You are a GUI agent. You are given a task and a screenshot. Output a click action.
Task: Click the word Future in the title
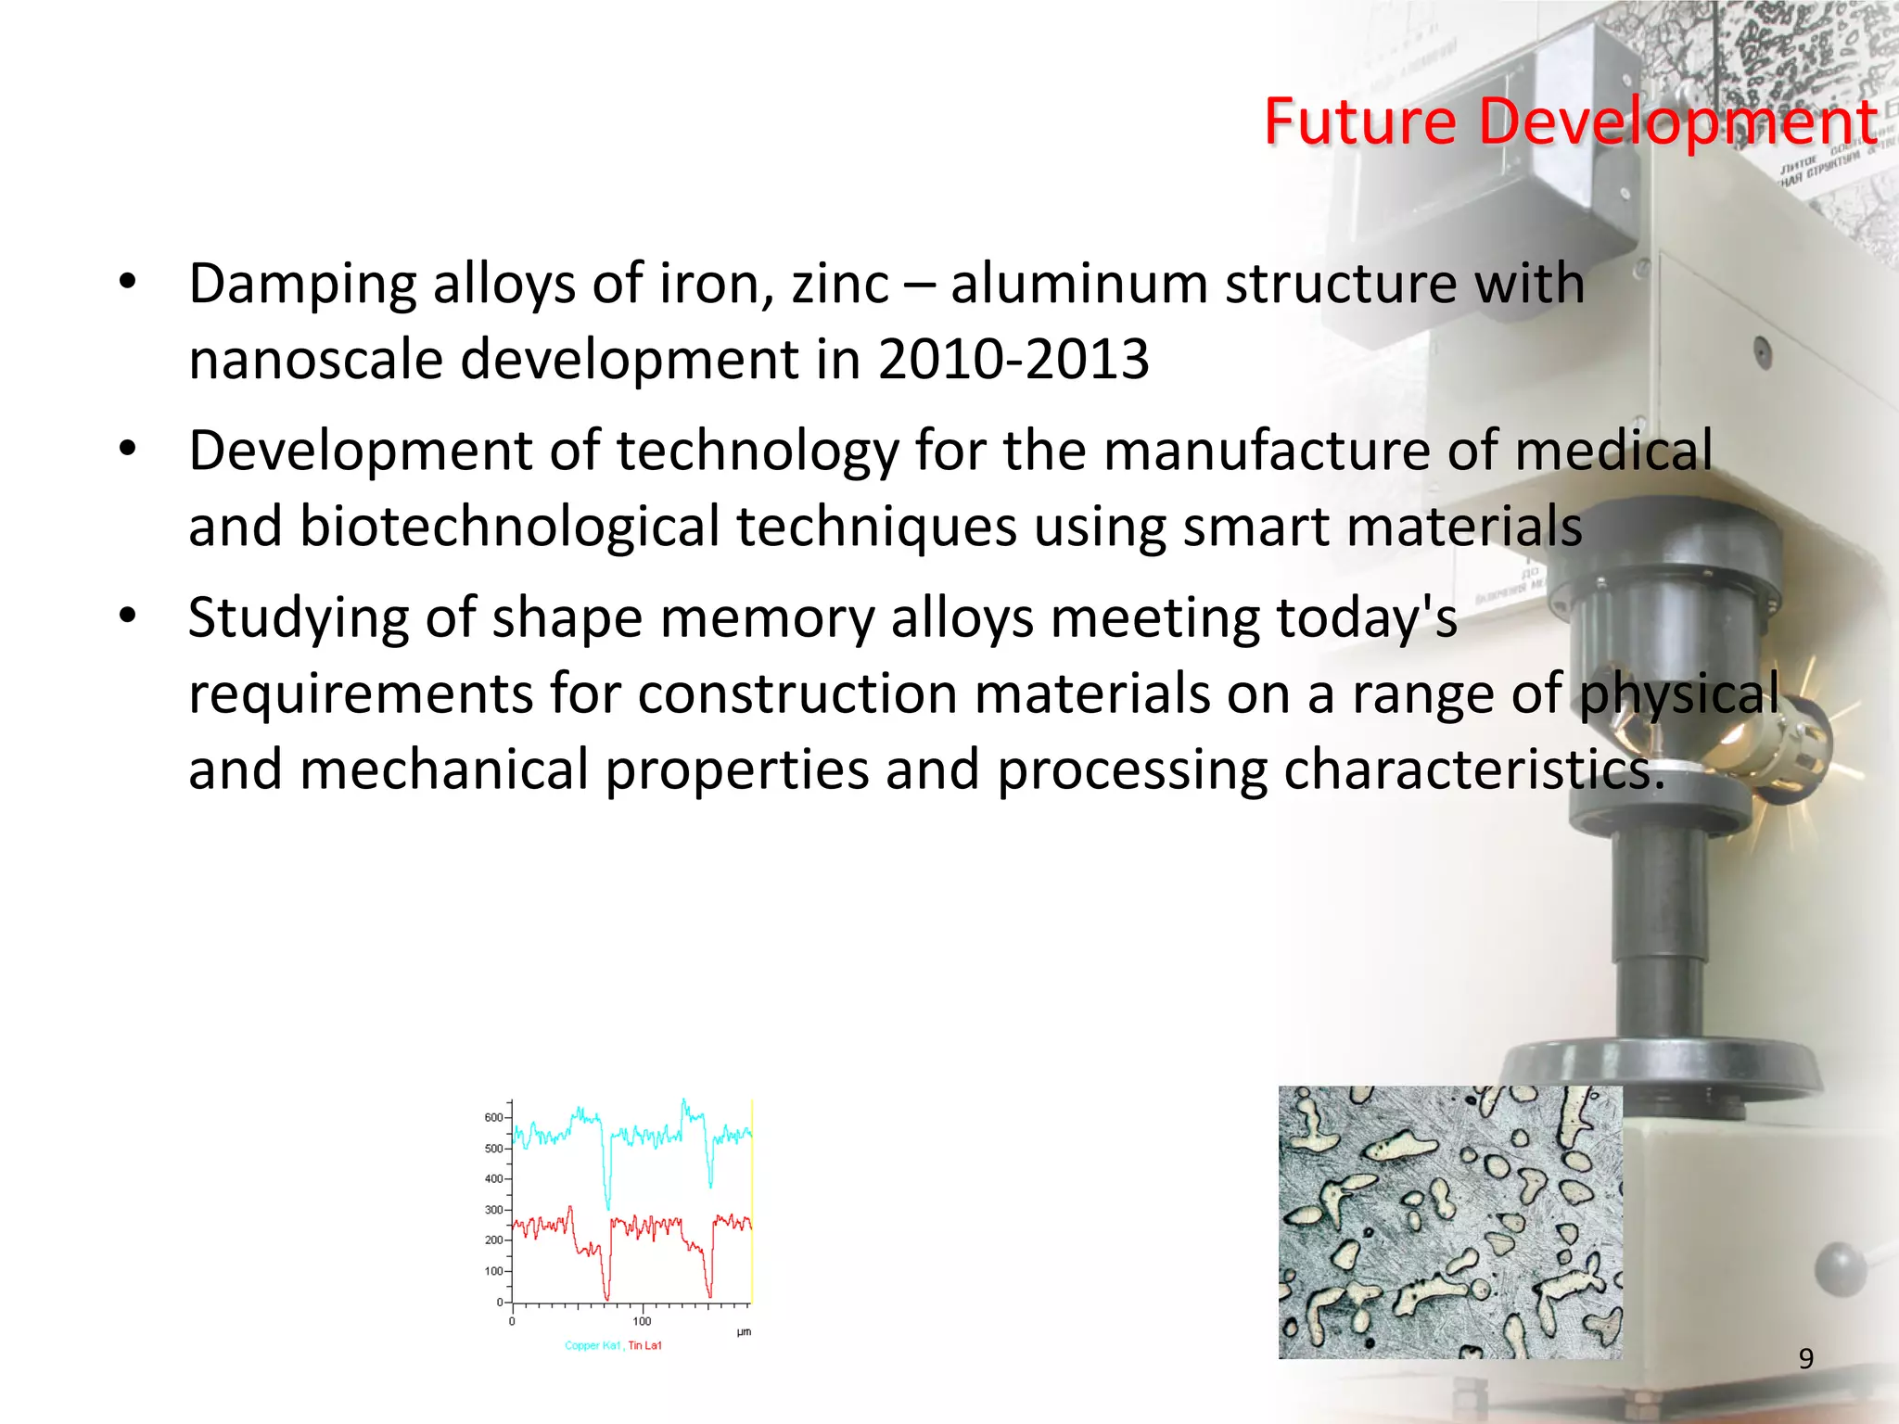tap(1360, 121)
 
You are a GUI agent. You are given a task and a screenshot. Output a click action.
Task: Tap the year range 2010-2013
tap(1013, 359)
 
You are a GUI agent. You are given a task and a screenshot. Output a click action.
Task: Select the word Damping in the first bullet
tap(302, 285)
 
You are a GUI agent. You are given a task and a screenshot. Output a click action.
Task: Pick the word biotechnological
tap(509, 527)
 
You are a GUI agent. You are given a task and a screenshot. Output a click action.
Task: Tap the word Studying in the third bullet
tap(298, 619)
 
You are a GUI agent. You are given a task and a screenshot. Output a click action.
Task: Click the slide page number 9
tap(1805, 1358)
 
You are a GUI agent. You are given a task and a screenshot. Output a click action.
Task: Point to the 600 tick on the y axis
tap(493, 1118)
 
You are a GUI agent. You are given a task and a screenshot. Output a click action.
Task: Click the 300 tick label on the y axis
tap(493, 1210)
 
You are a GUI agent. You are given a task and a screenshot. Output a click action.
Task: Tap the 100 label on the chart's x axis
tap(642, 1321)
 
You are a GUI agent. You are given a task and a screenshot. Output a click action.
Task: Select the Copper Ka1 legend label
tap(593, 1345)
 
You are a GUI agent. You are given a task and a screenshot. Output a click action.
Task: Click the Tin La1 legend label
tap(645, 1345)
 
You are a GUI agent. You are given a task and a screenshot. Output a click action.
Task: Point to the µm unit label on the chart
tap(744, 1332)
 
